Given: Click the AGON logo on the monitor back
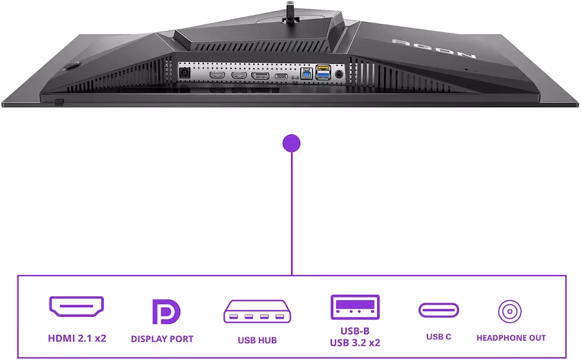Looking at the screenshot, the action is pyautogui.click(x=434, y=48).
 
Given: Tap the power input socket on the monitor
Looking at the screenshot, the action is pyautogui.click(x=185, y=73).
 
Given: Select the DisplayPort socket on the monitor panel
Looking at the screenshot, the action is pyautogui.click(x=260, y=75).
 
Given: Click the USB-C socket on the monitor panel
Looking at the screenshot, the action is pyautogui.click(x=281, y=76).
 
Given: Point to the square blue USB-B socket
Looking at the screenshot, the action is pyautogui.click(x=307, y=74).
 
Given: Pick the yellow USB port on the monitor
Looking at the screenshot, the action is pyautogui.click(x=323, y=68).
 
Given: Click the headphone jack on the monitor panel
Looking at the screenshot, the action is pyautogui.click(x=339, y=74).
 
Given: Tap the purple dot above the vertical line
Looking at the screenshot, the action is pyautogui.click(x=291, y=143).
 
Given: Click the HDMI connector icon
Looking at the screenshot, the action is pyautogui.click(x=77, y=306).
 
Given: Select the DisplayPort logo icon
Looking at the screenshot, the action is pyautogui.click(x=166, y=312).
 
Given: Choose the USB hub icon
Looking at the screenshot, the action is pyautogui.click(x=257, y=311).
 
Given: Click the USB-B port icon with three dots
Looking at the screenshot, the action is pyautogui.click(x=355, y=307).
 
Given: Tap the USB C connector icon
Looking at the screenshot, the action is pyautogui.click(x=439, y=310).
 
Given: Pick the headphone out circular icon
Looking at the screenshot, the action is pyautogui.click(x=510, y=312).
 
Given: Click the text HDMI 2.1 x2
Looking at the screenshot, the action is pyautogui.click(x=77, y=338).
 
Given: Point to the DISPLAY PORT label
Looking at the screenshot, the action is pyautogui.click(x=162, y=339).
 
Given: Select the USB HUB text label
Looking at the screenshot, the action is pyautogui.click(x=257, y=340).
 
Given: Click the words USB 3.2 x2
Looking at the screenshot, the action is pyautogui.click(x=355, y=343).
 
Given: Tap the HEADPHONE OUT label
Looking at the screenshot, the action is pyautogui.click(x=511, y=338).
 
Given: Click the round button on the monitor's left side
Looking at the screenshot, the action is pyautogui.click(x=72, y=66).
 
